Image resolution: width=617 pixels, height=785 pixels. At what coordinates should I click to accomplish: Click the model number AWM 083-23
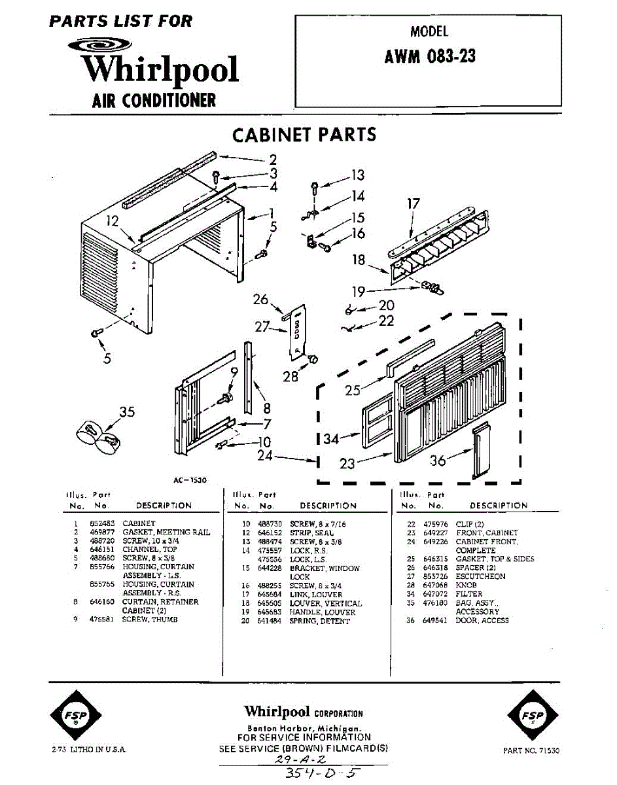click(x=429, y=57)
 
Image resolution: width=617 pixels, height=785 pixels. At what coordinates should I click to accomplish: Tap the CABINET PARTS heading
click(x=304, y=135)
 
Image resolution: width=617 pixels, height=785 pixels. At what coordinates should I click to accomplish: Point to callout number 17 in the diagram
click(x=413, y=204)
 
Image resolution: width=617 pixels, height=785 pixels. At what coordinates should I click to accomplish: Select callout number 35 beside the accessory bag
click(x=127, y=411)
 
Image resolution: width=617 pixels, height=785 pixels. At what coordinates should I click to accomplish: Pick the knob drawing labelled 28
click(x=312, y=358)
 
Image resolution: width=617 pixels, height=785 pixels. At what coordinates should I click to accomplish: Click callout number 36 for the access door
click(x=438, y=461)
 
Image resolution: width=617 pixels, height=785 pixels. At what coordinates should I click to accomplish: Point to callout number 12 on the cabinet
click(x=112, y=221)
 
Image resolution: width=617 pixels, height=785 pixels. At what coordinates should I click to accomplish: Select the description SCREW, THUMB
click(x=150, y=619)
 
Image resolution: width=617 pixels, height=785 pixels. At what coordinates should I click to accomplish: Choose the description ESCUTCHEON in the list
click(x=480, y=577)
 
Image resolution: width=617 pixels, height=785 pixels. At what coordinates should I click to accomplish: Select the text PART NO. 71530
click(x=531, y=751)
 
